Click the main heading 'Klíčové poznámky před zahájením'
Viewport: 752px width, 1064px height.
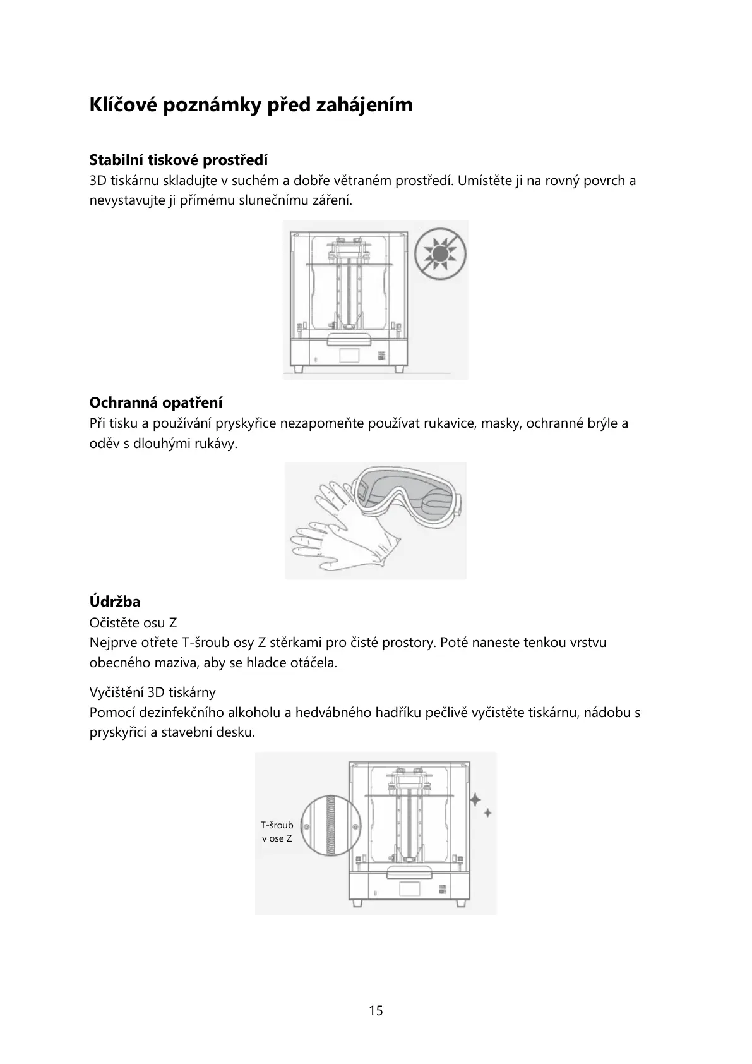coord(251,104)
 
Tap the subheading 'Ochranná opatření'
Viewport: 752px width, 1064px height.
coord(155,402)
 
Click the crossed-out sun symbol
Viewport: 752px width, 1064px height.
coord(441,255)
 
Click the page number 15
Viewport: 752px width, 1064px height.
coord(376,1010)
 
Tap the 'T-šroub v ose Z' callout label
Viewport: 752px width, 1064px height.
coord(277,831)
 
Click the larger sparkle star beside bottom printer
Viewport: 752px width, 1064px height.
coord(475,799)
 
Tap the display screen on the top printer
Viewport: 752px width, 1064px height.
coord(355,353)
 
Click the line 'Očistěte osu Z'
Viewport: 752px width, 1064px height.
coord(133,623)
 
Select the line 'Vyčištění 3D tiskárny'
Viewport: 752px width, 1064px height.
coord(152,692)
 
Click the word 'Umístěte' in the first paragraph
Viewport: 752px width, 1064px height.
coord(483,181)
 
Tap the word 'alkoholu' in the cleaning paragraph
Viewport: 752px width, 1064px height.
coord(253,713)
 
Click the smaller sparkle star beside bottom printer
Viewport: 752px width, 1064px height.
coord(488,813)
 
